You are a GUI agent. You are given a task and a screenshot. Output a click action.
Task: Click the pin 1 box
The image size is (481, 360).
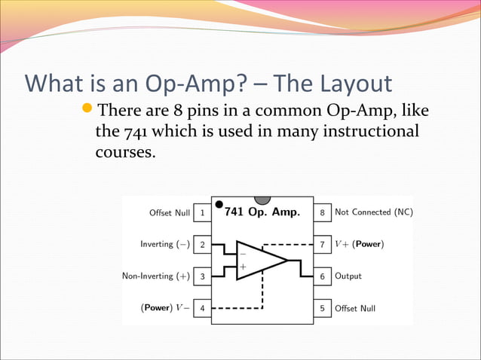[x=202, y=213]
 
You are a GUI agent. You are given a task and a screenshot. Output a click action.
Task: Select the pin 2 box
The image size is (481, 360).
[x=202, y=245]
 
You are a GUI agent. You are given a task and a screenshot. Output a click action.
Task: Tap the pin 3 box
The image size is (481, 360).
[x=202, y=276]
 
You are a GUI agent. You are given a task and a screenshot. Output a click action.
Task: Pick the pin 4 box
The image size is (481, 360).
[x=202, y=308]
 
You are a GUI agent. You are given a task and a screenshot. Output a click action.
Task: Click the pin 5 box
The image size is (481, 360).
[x=322, y=308]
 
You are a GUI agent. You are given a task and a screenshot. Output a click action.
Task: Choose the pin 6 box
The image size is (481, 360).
[x=322, y=276]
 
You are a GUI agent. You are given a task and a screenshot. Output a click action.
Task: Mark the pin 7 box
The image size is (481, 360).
[x=322, y=245]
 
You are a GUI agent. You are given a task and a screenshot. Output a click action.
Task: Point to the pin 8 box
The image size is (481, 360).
[x=322, y=213]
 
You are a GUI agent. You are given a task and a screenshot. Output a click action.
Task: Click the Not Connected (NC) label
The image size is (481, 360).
[x=373, y=212]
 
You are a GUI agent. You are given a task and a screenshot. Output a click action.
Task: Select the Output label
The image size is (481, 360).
[x=348, y=276]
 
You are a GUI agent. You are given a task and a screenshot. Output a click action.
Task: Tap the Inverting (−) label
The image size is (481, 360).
[x=165, y=245]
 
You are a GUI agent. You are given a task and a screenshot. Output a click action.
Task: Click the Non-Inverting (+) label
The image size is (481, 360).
[x=156, y=276]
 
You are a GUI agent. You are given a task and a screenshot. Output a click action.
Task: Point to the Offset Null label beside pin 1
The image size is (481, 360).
[x=170, y=213]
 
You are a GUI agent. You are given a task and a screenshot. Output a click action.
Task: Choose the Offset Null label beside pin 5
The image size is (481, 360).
[x=355, y=308]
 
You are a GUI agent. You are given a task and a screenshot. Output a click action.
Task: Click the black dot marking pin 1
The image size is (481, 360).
[x=219, y=203]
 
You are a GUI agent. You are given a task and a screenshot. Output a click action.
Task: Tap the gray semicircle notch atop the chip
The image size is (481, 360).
[x=262, y=200]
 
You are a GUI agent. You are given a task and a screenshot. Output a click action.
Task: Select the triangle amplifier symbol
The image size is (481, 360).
[x=258, y=261]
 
